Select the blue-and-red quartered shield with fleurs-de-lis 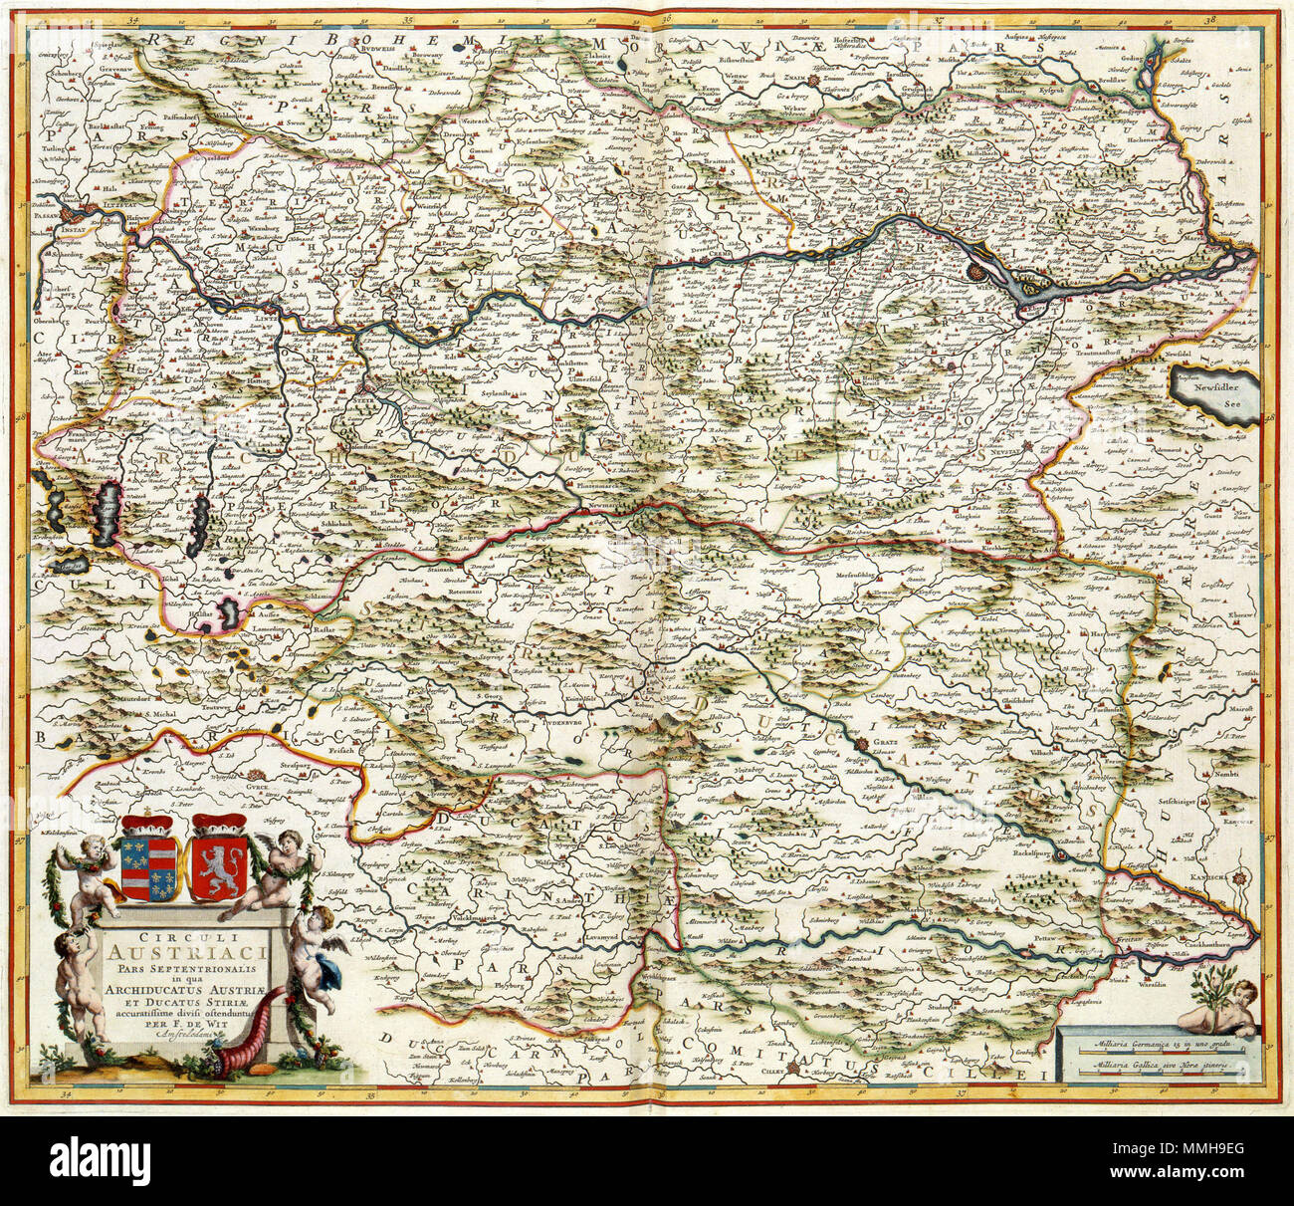pyautogui.click(x=145, y=854)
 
